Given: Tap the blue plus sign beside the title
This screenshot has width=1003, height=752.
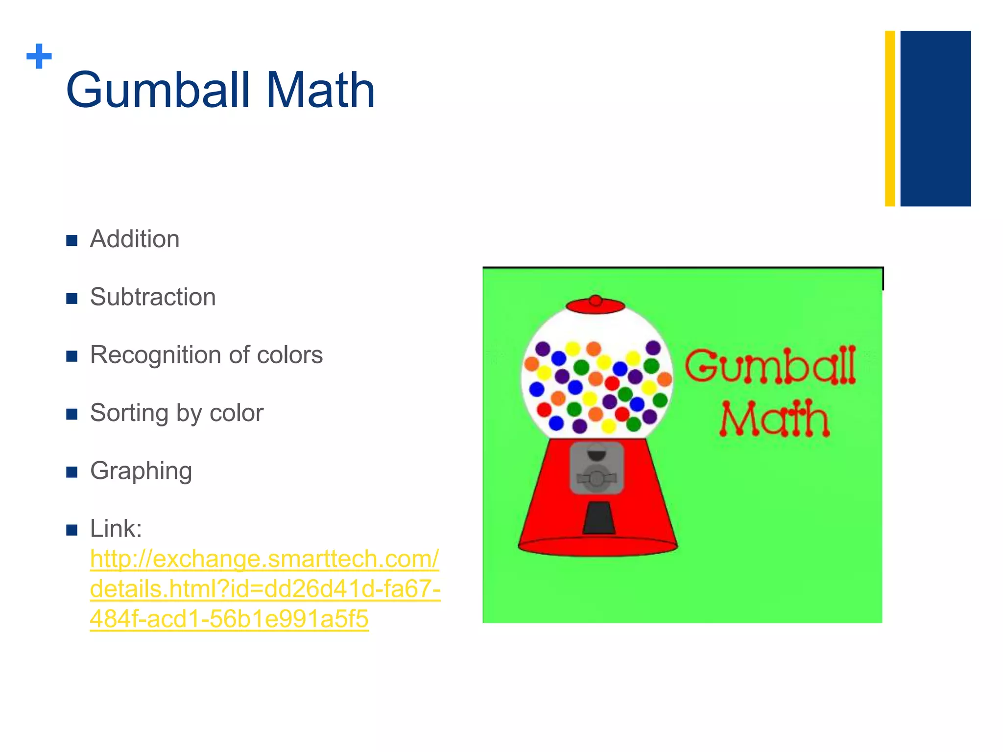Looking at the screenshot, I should click(39, 56).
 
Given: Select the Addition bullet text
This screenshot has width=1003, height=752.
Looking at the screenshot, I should click(135, 239).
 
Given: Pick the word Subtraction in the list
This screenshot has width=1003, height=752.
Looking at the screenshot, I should click(153, 297).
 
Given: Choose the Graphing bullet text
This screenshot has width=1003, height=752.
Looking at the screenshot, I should click(141, 471).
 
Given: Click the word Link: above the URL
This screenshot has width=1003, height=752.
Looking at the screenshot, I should click(116, 529).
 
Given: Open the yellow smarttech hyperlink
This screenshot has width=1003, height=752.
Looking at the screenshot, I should click(265, 588).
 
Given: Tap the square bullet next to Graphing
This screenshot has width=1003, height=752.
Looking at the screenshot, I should click(72, 472).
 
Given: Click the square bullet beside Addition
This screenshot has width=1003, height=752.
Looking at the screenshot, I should click(72, 240).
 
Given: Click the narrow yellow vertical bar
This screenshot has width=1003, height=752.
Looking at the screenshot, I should click(890, 118).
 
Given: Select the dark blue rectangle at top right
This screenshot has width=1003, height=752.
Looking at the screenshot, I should click(935, 118).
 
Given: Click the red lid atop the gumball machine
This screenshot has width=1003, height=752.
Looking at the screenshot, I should click(595, 305).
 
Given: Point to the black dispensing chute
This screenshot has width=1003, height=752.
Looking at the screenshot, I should click(598, 517).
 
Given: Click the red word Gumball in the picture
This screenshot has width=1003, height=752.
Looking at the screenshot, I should click(770, 366).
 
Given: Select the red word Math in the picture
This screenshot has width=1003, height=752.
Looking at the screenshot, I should click(774, 419).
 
